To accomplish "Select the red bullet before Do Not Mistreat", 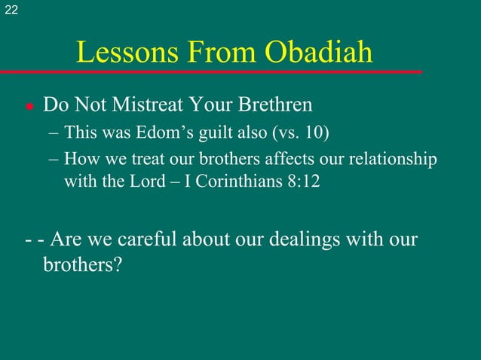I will tap(28, 107).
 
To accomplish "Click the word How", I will tap(80, 160).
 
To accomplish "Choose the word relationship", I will tap(392, 160).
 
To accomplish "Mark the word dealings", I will tap(300, 241).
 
